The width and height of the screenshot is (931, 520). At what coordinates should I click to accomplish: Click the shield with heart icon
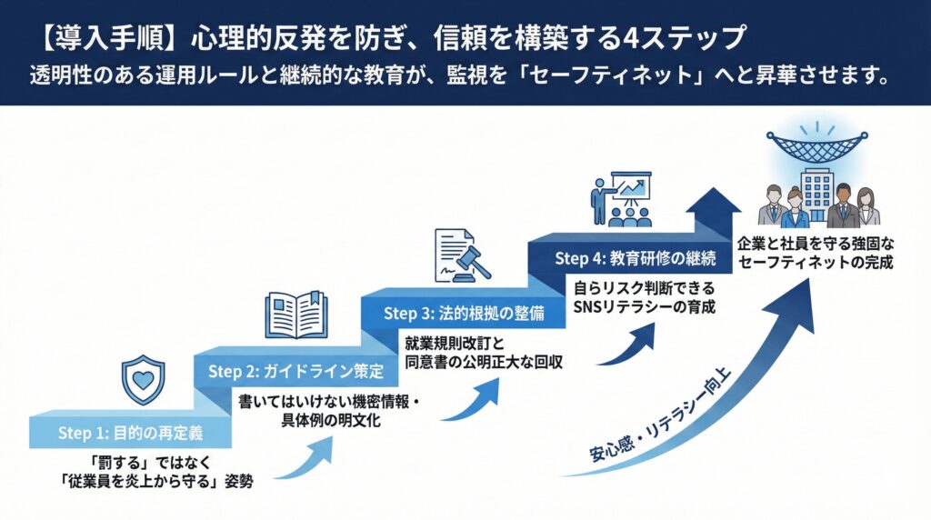(x=143, y=379)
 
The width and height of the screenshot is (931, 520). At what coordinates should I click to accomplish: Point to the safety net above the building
(x=816, y=148)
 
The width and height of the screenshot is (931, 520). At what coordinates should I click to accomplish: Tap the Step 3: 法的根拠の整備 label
(x=464, y=313)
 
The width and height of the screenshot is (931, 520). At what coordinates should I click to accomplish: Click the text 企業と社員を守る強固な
(x=815, y=245)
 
